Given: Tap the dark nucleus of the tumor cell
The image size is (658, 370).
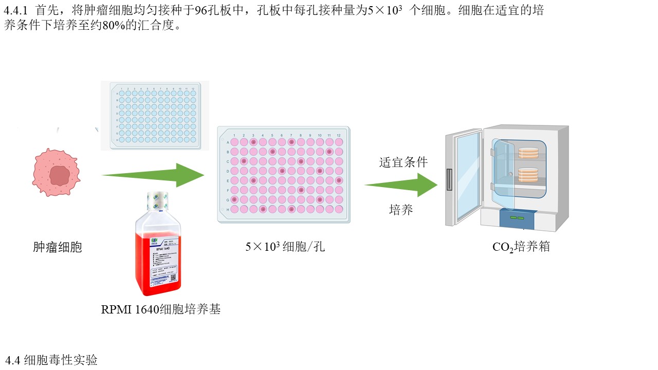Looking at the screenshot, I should [60, 176].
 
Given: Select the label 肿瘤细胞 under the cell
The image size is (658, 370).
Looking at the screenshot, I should [58, 247].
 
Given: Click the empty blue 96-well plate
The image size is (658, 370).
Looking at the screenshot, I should [155, 115].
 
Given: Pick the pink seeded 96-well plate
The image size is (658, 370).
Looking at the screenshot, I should [284, 175].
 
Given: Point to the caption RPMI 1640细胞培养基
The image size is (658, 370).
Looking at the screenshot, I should [161, 309].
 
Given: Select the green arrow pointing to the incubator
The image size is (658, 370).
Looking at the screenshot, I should [401, 185].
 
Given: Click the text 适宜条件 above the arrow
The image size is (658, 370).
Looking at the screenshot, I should [404, 162].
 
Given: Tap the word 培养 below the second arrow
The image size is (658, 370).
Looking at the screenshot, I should [401, 210].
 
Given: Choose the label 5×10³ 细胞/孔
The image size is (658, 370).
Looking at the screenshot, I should [285, 247].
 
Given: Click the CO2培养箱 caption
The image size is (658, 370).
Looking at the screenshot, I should [521, 247].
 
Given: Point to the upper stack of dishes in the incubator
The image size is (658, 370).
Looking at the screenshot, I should [529, 153].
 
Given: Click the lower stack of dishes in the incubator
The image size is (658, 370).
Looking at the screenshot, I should [529, 175].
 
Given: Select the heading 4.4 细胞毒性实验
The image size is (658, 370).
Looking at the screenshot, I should [51, 360].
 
